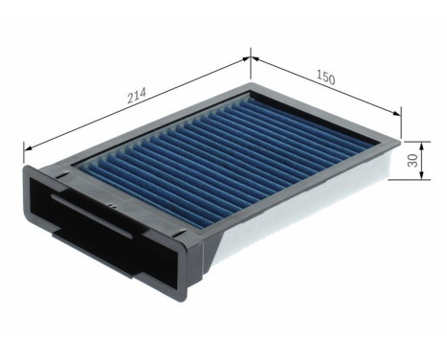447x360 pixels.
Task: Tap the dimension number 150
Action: [x=324, y=78]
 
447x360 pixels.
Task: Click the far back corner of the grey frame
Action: [x=252, y=84]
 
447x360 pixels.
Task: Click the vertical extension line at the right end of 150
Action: [x=401, y=124]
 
